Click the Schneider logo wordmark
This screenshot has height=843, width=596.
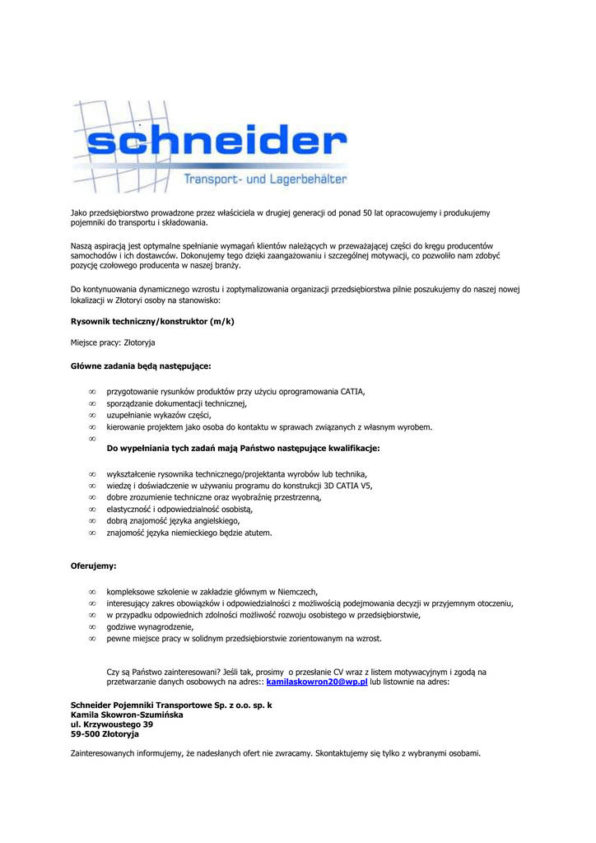215,144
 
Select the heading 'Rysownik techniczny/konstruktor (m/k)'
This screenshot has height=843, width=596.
152,321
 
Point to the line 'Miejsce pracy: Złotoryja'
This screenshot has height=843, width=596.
113,342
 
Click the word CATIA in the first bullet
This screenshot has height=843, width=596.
352,392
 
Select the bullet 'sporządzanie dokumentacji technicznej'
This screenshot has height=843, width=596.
177,403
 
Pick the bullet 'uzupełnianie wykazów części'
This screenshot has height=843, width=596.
160,416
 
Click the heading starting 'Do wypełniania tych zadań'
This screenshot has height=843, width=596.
244,449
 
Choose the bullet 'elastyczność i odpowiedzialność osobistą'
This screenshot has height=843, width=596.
179,510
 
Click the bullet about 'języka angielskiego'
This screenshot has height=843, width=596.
174,521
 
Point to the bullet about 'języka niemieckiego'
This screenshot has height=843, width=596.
189,533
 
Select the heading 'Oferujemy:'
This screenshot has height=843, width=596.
93,566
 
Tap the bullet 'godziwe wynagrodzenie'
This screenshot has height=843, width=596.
151,626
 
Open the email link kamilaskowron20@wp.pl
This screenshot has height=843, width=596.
317,682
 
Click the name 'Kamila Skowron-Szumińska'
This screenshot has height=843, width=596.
127,715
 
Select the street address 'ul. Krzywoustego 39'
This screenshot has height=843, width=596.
112,724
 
